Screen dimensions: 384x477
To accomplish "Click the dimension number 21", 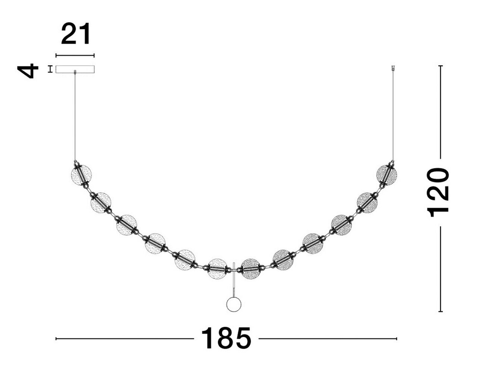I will [76, 34].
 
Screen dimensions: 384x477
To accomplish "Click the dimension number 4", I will [28, 70].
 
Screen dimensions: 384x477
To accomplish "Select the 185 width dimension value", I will [226, 339].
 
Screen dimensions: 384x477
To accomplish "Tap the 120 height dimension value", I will [438, 192].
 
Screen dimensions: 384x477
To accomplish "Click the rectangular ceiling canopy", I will [75, 69].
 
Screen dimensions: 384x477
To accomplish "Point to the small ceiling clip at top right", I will [393, 68].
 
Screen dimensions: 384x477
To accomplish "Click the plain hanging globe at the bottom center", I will [234, 304].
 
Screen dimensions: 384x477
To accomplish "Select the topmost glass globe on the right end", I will [386, 174].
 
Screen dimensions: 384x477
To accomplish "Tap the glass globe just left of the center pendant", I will [217, 268].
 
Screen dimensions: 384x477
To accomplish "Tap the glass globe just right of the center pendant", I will [250, 268].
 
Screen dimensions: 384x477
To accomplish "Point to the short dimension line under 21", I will [75, 56].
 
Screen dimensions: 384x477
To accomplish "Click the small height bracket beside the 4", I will [50, 69].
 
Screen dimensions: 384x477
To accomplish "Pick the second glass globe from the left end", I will [101, 203].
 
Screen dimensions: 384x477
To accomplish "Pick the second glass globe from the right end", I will [367, 203].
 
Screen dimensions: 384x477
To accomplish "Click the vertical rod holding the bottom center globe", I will [234, 280].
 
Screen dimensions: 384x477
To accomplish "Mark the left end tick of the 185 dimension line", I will [56, 339].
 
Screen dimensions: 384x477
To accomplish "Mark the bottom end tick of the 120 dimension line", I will [440, 311].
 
